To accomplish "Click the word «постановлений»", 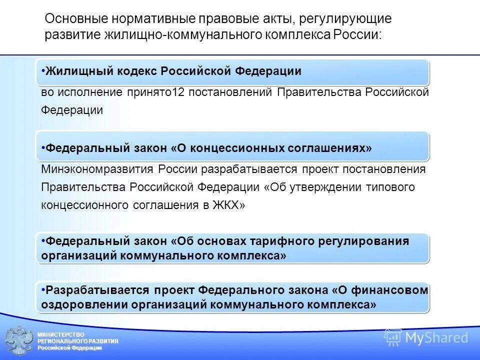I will (230, 92).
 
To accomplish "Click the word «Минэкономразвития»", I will (98, 169).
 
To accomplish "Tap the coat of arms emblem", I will (19, 341).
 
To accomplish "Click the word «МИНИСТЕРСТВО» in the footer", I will (61, 334).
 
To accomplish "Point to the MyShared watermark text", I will (436, 338).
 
